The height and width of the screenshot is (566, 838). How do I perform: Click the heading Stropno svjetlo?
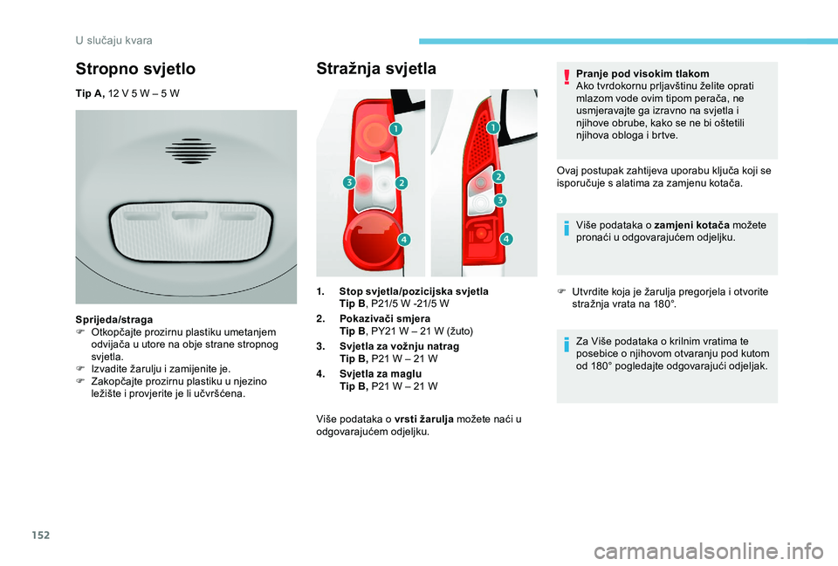tap(135, 69)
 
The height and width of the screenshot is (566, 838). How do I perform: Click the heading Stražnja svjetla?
tap(376, 69)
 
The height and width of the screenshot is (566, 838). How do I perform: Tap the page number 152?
tap(41, 535)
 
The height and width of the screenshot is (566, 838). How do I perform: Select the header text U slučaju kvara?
tap(113, 41)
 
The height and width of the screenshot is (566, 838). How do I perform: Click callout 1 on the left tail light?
tap(396, 129)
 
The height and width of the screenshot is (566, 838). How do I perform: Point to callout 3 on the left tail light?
tap(349, 182)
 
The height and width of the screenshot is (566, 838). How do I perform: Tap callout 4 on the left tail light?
tap(404, 239)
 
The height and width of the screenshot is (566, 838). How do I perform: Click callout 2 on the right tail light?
tap(498, 177)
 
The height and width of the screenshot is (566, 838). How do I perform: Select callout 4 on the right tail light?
tap(506, 239)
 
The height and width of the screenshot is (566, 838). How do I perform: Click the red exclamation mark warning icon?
tap(567, 77)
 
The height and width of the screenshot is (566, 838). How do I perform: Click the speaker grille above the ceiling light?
tap(191, 151)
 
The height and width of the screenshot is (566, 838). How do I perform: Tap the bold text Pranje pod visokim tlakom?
tap(642, 73)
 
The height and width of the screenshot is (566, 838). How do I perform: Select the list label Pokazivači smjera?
tap(385, 319)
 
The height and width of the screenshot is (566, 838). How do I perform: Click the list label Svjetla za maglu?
tap(381, 374)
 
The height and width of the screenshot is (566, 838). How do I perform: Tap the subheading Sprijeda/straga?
tap(113, 320)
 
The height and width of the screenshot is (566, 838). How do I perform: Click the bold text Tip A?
tap(90, 93)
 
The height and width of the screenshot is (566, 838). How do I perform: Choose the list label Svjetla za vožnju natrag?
tap(399, 346)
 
